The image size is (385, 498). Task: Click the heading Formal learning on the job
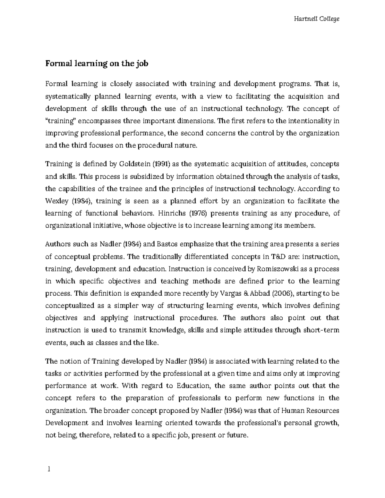click(97, 63)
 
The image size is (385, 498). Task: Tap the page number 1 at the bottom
click(49, 470)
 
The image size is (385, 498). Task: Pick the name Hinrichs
click(177, 214)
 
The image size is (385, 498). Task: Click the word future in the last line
click(235, 435)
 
